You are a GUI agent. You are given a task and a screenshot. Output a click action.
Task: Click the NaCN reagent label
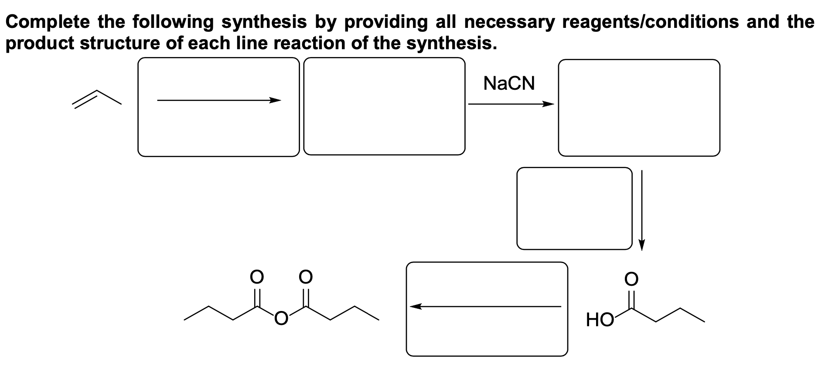[509, 83]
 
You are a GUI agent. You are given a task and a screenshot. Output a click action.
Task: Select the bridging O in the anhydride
[281, 319]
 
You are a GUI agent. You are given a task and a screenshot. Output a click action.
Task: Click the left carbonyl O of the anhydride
[256, 276]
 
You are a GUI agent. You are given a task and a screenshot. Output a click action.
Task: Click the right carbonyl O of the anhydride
[305, 276]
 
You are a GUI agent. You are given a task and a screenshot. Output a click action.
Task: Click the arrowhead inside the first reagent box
[275, 101]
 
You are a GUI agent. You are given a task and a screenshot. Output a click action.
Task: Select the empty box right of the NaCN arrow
[639, 108]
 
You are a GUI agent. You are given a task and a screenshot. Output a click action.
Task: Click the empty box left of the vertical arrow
[574, 208]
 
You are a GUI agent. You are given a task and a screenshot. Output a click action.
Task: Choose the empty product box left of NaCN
[384, 106]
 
